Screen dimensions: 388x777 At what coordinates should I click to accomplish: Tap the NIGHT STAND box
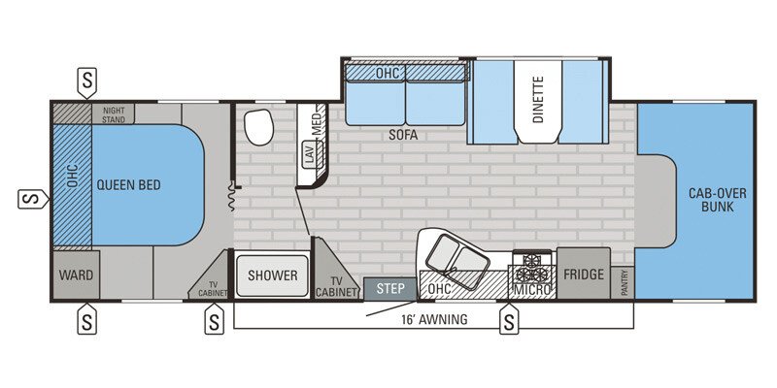[114, 113]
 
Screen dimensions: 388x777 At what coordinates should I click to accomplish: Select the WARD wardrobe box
[76, 275]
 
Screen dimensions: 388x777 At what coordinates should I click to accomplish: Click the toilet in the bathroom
[258, 127]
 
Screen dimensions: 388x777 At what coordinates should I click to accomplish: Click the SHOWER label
[272, 275]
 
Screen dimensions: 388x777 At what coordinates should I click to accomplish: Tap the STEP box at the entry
[389, 288]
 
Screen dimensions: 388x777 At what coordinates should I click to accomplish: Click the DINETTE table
[538, 102]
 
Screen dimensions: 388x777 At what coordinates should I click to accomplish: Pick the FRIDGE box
[583, 275]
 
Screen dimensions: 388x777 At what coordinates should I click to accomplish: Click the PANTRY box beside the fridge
[623, 282]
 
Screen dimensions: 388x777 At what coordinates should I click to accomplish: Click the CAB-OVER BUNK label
[718, 200]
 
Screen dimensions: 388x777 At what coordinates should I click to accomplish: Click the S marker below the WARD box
[87, 319]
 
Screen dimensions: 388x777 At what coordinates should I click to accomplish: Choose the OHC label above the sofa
[389, 72]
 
